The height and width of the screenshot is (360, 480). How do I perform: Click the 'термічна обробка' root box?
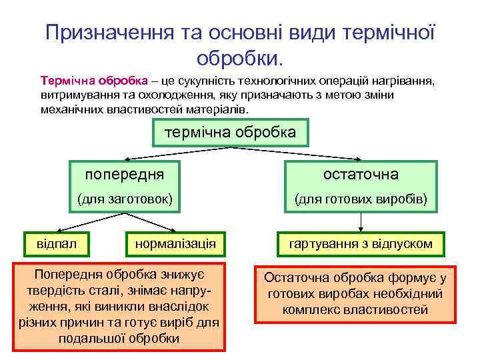231,133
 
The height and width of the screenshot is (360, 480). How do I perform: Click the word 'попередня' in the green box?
124,175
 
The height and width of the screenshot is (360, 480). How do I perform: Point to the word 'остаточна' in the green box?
361,175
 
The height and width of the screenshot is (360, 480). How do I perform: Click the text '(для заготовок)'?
125,199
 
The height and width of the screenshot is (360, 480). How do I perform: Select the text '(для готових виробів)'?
361,199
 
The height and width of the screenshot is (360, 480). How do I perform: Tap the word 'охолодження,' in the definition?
153,95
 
